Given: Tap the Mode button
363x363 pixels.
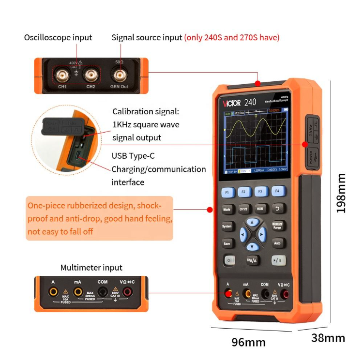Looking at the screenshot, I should (227, 210).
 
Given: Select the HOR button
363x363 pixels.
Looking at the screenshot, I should (260, 210).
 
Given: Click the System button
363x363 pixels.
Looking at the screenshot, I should (227, 227).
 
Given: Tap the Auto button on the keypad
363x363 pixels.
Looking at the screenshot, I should (277, 243).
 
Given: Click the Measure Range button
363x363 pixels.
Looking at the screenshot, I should (277, 226).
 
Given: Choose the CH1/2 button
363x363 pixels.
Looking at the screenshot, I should (243, 210).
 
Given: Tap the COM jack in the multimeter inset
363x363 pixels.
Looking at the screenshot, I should (103, 292).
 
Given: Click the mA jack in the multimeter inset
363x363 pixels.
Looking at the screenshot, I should (77, 292).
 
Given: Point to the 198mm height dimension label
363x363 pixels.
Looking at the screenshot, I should (342, 194).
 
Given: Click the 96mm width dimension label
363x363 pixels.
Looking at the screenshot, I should (248, 342).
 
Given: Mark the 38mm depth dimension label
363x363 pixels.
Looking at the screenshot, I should (328, 338).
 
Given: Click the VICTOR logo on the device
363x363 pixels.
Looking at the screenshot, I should (232, 103).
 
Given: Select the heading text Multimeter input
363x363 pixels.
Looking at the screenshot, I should (91, 268).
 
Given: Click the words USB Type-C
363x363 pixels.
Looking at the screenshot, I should (133, 156).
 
